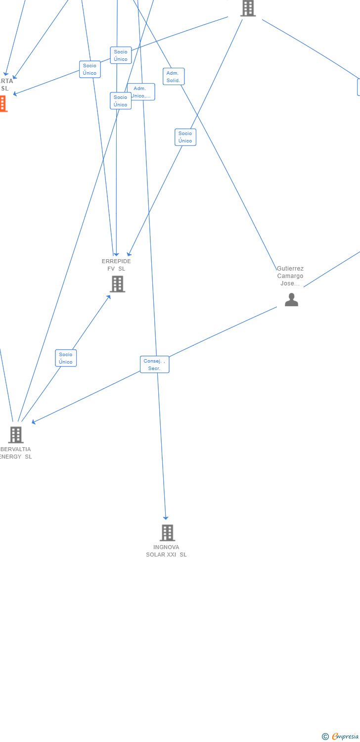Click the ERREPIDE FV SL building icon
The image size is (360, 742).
117,284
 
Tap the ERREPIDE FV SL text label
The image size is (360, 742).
116,265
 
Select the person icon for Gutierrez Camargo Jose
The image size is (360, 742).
291,300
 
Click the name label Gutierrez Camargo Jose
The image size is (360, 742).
290,276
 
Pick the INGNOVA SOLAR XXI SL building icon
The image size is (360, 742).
167,533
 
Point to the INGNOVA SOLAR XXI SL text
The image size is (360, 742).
166,551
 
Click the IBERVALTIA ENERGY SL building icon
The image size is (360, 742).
16,435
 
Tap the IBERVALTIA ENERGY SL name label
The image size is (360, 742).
15,453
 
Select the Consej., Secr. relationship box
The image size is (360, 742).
154,365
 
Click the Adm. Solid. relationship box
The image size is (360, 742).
174,77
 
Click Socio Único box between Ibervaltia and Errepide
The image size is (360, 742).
66,358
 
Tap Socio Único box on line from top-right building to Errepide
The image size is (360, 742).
185,137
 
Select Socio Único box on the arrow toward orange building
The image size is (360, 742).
90,69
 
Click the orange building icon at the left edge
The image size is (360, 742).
3,104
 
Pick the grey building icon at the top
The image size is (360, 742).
248,8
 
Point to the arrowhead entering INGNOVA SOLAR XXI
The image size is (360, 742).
166,517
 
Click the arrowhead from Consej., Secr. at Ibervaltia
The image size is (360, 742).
33,422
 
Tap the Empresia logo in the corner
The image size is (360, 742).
345,737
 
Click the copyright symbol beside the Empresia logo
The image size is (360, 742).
325,737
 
